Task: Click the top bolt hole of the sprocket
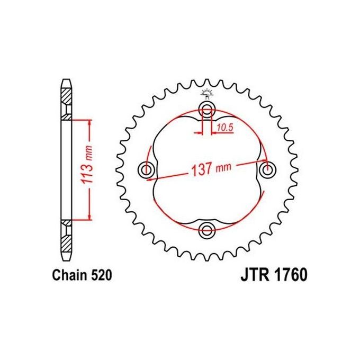pyautogui.click(x=207, y=110)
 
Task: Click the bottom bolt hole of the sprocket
pyautogui.click(x=207, y=229)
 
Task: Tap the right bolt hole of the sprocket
pyautogui.click(x=267, y=169)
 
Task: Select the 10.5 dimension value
pyautogui.click(x=225, y=127)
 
